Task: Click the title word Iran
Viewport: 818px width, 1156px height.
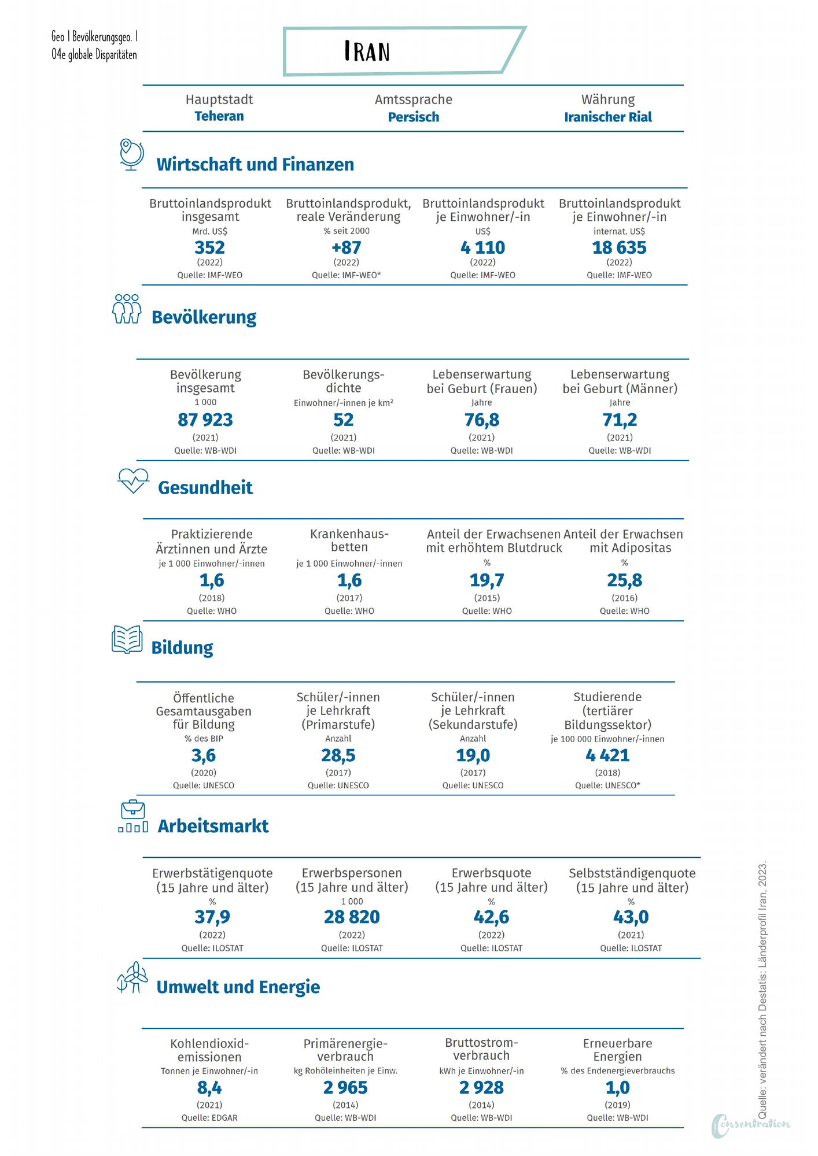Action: pos(367,51)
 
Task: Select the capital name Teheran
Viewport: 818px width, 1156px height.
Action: pos(219,116)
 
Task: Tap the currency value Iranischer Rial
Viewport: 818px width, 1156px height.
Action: pos(608,117)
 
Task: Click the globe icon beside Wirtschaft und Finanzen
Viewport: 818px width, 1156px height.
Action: pos(131,154)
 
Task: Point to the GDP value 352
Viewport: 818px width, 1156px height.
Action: pos(209,248)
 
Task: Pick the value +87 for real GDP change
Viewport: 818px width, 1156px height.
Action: pos(346,248)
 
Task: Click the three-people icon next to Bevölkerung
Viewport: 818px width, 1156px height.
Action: pos(127,309)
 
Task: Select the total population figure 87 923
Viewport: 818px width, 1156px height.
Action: pos(205,420)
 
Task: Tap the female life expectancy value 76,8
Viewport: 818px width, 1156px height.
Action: pos(482,420)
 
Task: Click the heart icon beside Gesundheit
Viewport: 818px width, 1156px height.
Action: pos(133,481)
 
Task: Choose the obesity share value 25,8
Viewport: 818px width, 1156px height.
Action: pos(625,580)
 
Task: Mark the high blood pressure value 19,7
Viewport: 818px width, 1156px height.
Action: pos(487,580)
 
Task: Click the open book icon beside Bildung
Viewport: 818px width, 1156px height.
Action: pos(127,640)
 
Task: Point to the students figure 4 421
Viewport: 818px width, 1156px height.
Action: pos(607,755)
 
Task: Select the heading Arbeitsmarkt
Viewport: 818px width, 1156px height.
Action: pos(213,826)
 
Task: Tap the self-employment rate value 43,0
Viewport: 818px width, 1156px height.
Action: pos(631,917)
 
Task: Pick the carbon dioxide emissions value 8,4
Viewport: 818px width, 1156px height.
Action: pos(209,1088)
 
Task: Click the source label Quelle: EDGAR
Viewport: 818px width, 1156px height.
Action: pos(209,1118)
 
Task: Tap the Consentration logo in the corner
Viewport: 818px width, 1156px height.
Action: pos(750,1125)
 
